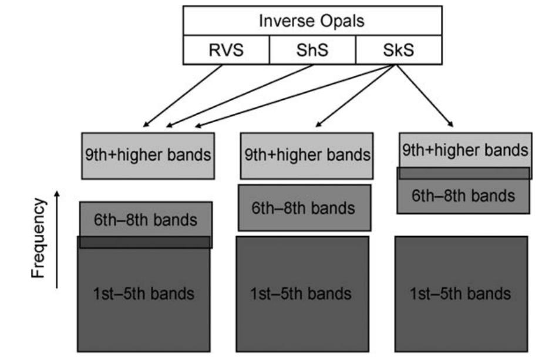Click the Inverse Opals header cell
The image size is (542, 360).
312,21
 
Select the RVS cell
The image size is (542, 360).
226,50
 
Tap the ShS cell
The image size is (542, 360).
312,50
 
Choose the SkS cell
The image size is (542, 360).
399,50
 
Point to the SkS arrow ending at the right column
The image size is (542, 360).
424,94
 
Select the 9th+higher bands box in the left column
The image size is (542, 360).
146,156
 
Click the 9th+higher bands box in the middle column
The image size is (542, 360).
307,156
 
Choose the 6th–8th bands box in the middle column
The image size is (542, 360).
304,207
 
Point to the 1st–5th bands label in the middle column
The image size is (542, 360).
302,292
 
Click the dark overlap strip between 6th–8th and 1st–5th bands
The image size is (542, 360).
145,243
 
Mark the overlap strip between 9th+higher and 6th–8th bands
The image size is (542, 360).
464,173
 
